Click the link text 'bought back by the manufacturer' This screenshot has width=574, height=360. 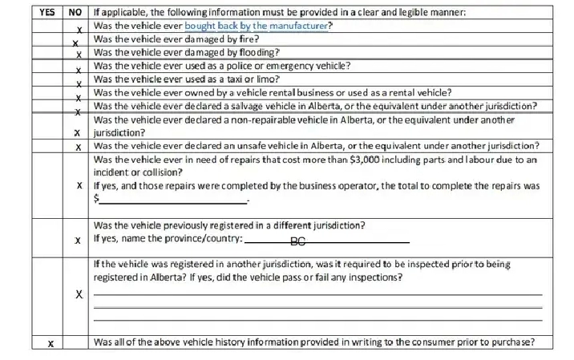pyautogui.click(x=257, y=26)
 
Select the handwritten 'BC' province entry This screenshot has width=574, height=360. pyautogui.click(x=298, y=241)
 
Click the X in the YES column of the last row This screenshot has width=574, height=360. pyautogui.click(x=50, y=343)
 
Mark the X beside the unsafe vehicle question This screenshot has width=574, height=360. pyautogui.click(x=78, y=148)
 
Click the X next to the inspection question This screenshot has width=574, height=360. pyautogui.click(x=78, y=295)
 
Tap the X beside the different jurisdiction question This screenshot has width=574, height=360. pyautogui.click(x=78, y=240)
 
